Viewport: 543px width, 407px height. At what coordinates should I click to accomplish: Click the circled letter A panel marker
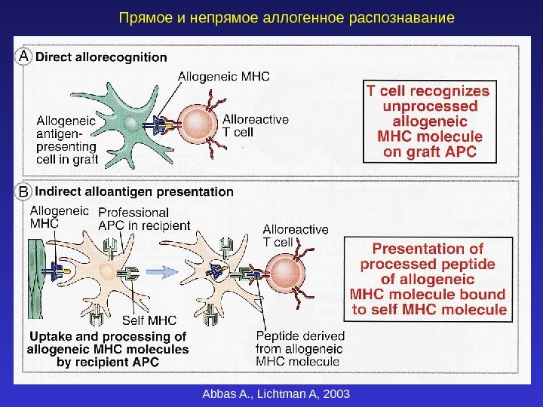tap(25, 57)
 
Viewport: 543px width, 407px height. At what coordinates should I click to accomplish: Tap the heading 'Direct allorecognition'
tap(102, 57)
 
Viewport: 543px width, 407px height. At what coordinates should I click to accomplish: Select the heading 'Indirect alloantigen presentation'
tap(135, 192)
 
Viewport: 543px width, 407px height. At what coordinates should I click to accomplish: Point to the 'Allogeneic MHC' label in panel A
tap(223, 76)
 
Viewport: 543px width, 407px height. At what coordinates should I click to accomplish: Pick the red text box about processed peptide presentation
tap(428, 278)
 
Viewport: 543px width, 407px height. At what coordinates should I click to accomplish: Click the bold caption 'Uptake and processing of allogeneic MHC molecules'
tap(108, 349)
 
